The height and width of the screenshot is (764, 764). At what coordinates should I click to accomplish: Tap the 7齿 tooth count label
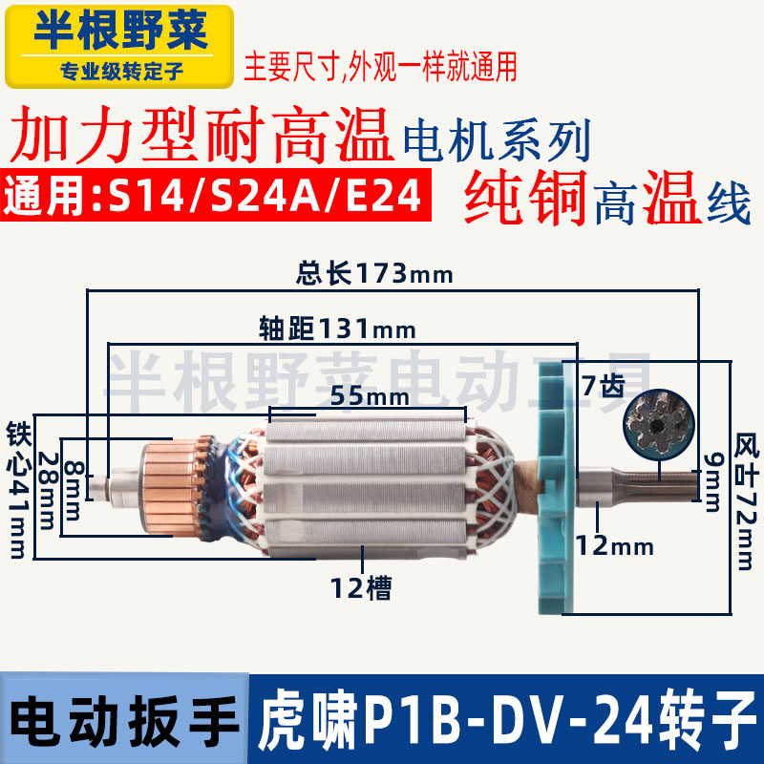[x=603, y=386]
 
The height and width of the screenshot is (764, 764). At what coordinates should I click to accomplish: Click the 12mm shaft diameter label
[x=614, y=547]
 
